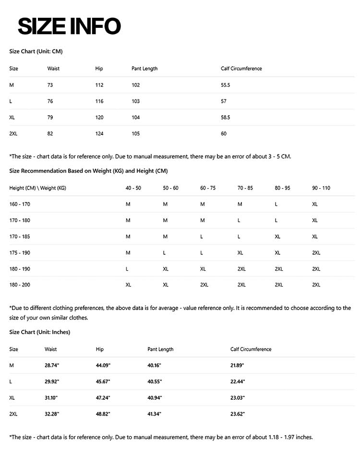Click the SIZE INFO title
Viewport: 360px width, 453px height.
point(69,26)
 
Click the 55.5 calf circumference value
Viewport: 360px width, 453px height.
point(226,85)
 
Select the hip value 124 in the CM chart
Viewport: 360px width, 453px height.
point(99,133)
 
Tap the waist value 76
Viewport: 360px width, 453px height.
point(50,101)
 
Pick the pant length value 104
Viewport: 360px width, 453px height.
point(136,118)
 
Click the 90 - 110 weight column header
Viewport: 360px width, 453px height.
point(321,188)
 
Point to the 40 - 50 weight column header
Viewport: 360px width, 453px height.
point(133,188)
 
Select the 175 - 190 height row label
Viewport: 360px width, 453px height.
point(20,252)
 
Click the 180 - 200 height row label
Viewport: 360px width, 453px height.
point(20,285)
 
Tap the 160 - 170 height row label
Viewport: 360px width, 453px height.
point(20,204)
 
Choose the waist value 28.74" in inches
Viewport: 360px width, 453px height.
point(52,365)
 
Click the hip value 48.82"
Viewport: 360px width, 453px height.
point(103,414)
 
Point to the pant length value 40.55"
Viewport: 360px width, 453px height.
point(155,381)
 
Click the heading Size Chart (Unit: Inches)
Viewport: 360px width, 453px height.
point(40,332)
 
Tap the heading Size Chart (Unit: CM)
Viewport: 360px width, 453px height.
point(36,51)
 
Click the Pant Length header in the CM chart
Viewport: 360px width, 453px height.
point(144,69)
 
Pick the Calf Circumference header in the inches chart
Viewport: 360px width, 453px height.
point(251,349)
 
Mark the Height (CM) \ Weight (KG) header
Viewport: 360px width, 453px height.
point(37,188)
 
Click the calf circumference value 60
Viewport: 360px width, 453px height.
point(224,133)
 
